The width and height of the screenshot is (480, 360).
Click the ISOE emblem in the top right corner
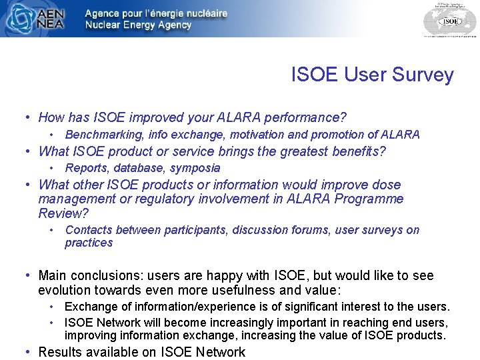450,19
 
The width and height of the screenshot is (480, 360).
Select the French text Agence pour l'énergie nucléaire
156,13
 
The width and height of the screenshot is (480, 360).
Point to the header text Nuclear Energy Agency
138,25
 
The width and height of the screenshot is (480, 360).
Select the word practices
89,243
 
